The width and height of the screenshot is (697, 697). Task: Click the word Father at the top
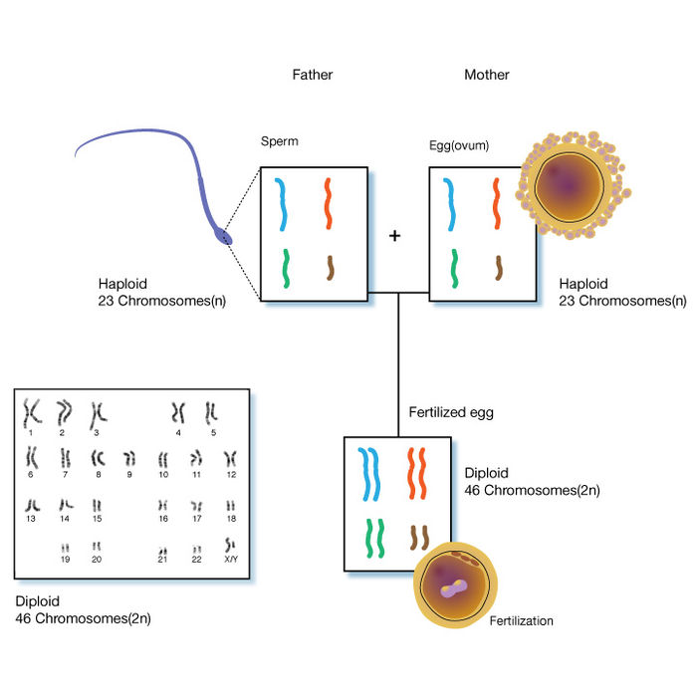coord(312,75)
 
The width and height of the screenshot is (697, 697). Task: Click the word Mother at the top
coord(486,75)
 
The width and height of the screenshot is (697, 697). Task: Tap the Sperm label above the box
coord(279,141)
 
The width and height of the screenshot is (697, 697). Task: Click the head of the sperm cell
coord(223,236)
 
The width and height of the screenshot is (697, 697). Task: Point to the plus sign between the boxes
coord(395,236)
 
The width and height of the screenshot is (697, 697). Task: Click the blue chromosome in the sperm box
coord(282,203)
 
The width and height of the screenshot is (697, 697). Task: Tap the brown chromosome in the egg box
coord(498,268)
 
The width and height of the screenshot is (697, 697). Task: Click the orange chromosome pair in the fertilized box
coord(415,473)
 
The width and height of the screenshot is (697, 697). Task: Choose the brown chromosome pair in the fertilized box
coord(418,538)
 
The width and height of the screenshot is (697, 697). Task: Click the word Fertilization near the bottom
coord(521,621)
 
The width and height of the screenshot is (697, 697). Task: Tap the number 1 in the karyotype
coord(31,432)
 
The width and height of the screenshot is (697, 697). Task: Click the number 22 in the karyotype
coord(197,561)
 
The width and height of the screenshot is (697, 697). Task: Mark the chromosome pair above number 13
coord(32,505)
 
